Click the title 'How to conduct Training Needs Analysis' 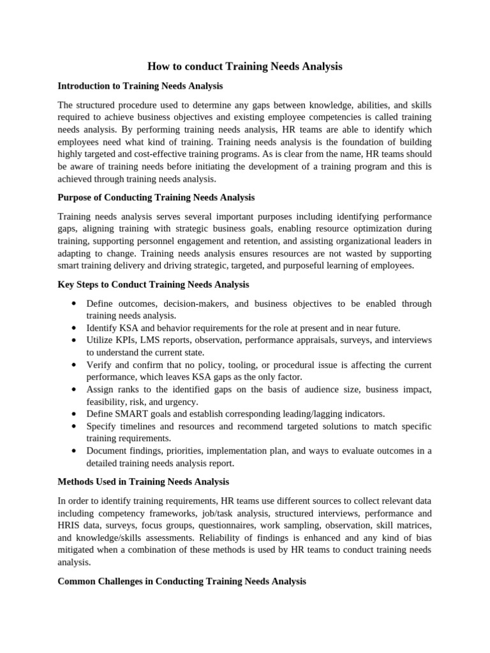click(245, 66)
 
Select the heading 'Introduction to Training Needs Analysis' click(140, 85)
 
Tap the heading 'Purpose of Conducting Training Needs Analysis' click(156, 198)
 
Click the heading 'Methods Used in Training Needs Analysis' click(143, 482)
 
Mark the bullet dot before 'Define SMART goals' click(75, 414)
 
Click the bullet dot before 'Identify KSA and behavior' click(75, 328)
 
